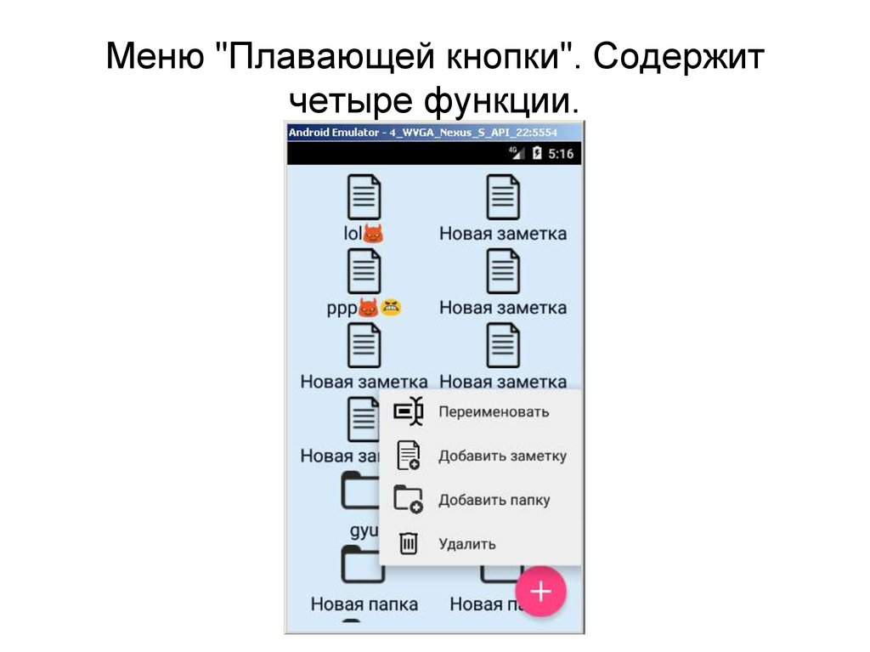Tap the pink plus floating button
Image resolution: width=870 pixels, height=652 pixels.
tap(540, 592)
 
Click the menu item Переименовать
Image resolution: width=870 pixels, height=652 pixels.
tap(493, 411)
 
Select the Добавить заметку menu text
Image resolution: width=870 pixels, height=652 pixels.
tap(502, 456)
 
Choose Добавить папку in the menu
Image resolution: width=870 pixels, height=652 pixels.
tap(494, 500)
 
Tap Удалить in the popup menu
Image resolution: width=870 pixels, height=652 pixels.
tap(466, 544)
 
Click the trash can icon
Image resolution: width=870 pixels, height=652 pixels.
tap(409, 542)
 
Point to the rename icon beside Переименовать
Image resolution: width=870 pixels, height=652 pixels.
tap(409, 411)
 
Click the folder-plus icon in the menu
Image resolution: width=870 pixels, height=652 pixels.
tap(409, 499)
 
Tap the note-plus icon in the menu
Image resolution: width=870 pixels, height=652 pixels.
tap(409, 456)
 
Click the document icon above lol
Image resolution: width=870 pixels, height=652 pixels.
tap(364, 197)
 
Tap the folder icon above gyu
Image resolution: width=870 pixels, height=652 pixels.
tap(359, 493)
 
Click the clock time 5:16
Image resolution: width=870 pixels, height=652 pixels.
tap(560, 154)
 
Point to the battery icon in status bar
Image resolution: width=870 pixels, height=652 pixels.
tap(537, 154)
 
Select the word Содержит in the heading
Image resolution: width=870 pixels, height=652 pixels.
tap(679, 60)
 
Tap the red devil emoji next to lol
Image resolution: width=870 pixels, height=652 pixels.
tap(374, 233)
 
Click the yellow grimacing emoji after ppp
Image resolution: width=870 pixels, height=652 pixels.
tap(392, 307)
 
